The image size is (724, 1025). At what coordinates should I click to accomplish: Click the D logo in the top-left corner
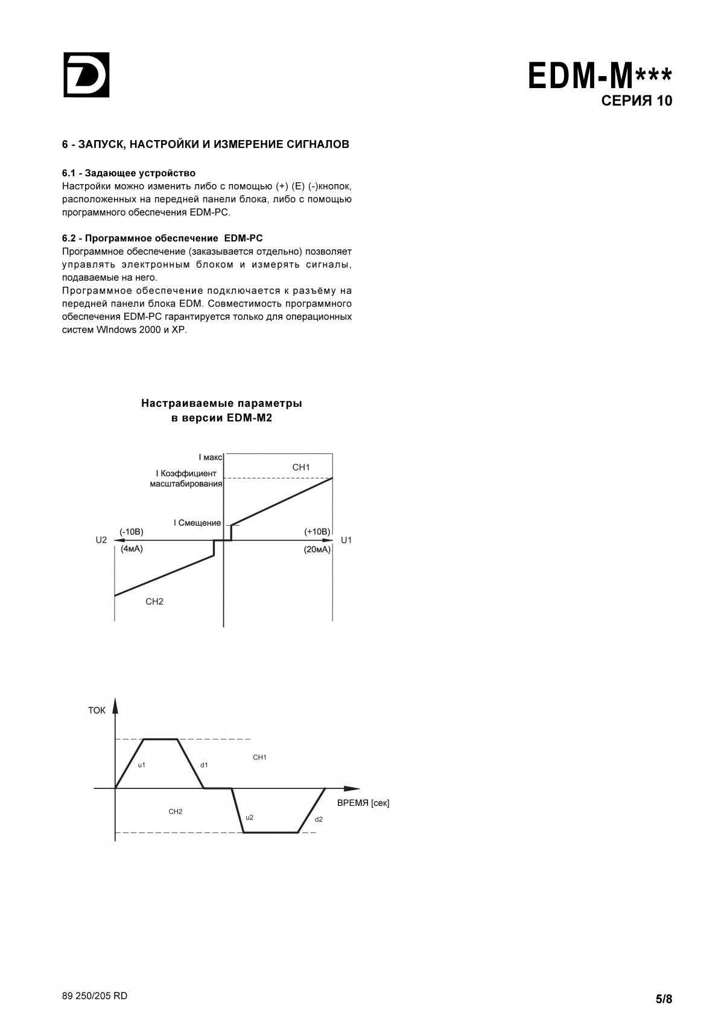point(86,75)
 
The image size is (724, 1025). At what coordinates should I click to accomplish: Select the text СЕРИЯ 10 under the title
point(637,101)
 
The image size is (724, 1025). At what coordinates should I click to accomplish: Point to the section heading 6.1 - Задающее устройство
point(129,173)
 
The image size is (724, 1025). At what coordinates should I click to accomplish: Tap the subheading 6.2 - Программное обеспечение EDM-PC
point(162,238)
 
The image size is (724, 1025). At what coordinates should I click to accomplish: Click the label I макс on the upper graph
point(211,458)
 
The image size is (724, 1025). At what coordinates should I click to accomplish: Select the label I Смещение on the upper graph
point(197,523)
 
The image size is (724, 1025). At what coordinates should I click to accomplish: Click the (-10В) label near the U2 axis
point(132,532)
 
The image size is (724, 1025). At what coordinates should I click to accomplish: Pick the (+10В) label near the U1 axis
point(317,532)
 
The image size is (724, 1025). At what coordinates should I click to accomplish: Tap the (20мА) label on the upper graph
point(317,550)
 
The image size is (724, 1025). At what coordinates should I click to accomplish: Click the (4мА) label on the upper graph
point(132,549)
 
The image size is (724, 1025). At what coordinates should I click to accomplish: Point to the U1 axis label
point(346,540)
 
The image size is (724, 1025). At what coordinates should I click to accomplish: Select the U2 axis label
point(101,540)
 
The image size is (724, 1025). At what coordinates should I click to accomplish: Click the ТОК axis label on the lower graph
point(97,710)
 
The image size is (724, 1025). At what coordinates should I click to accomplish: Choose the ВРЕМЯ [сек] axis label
point(363,803)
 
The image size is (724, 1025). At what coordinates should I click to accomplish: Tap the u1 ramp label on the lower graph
point(142,765)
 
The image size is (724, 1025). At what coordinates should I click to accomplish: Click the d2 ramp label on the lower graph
point(319,819)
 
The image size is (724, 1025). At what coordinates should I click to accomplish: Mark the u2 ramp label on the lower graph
point(249,817)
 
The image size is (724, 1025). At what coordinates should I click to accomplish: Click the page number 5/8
point(664,999)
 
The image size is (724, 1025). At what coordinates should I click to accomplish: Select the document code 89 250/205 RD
point(95,996)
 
